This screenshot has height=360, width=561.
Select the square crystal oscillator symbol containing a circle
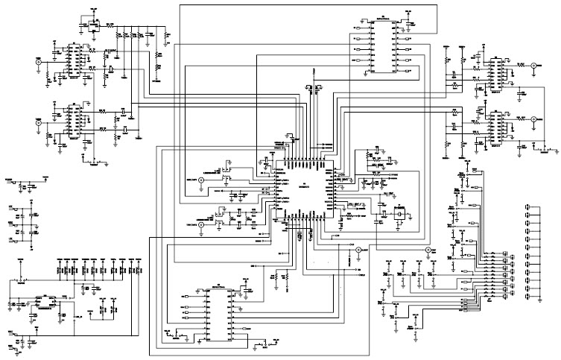399,212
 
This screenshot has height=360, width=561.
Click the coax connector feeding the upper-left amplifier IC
38,63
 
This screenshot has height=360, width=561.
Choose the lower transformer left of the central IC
221,217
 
